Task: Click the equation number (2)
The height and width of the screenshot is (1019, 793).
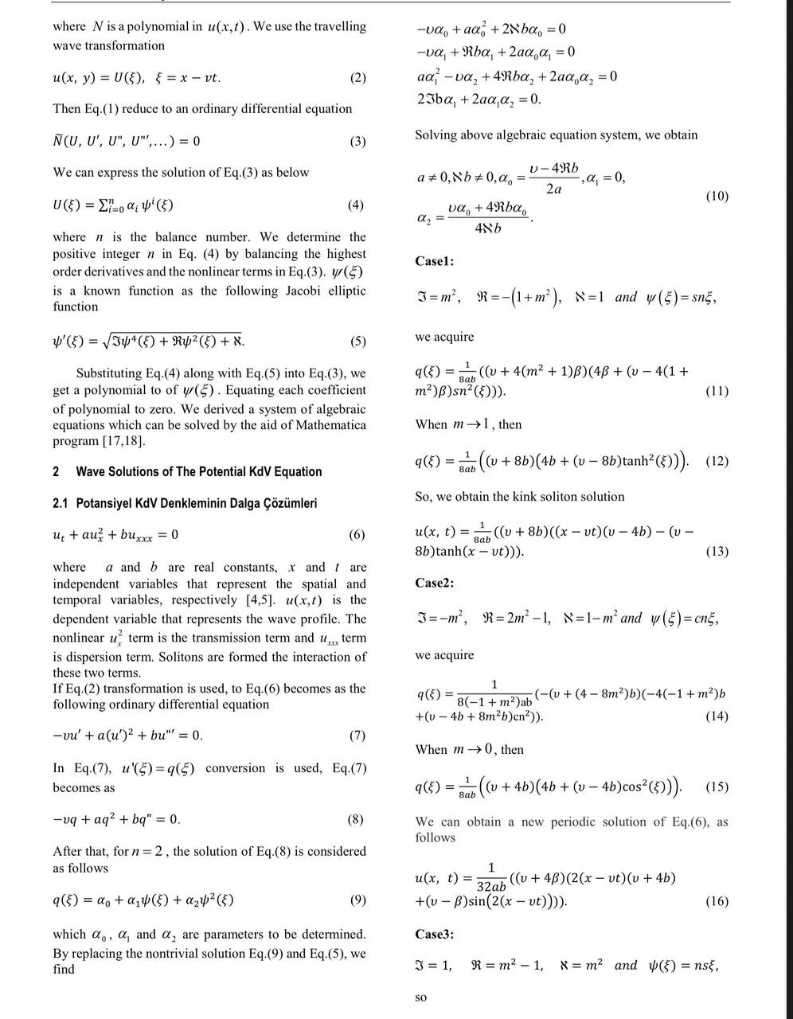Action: pyautogui.click(x=357, y=78)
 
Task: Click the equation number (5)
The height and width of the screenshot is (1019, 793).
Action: pyautogui.click(x=357, y=342)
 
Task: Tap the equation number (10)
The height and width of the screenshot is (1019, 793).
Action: pyautogui.click(x=717, y=196)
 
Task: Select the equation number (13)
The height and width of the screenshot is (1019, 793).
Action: pyautogui.click(x=717, y=551)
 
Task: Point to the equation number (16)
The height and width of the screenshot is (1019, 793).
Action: pyautogui.click(x=717, y=901)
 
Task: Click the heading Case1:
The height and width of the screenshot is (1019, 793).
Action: pyautogui.click(x=435, y=261)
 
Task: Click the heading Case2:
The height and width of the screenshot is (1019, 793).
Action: pyautogui.click(x=435, y=583)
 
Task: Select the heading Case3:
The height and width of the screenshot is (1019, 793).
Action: pyautogui.click(x=435, y=934)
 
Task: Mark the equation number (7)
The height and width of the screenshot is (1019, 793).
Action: pyautogui.click(x=357, y=735)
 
